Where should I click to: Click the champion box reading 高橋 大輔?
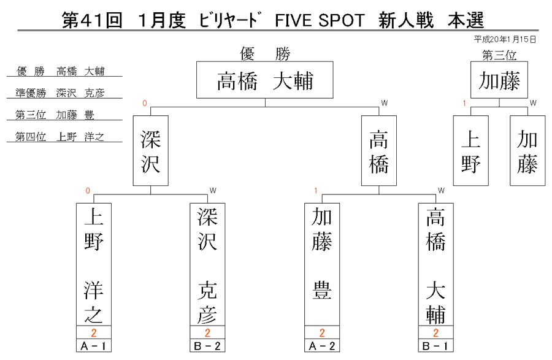pos(265,80)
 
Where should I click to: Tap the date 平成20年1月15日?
pos(505,39)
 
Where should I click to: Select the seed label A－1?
pos(94,346)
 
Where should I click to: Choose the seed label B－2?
pos(207,346)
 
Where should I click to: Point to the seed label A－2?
pos(322,346)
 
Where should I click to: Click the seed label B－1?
pos(436,346)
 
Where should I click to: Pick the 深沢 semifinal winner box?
pos(151,151)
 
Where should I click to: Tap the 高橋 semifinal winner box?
pos(379,151)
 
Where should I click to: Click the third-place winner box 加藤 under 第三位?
pos(499,80)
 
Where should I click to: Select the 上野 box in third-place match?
pos(470,151)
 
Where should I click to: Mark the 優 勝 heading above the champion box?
pos(265,54)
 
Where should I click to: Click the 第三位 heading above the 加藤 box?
pos(499,55)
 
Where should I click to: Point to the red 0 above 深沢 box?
pos(145,103)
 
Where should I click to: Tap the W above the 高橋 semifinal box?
pos(385,103)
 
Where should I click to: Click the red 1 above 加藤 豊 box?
pos(316,191)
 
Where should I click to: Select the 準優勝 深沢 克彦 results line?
pos(60,93)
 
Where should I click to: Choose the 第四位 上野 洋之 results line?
pos(59,137)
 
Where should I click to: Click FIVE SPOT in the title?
pos(320,20)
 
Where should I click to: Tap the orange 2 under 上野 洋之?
pos(94,332)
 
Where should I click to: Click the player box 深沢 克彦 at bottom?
pos(207,264)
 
